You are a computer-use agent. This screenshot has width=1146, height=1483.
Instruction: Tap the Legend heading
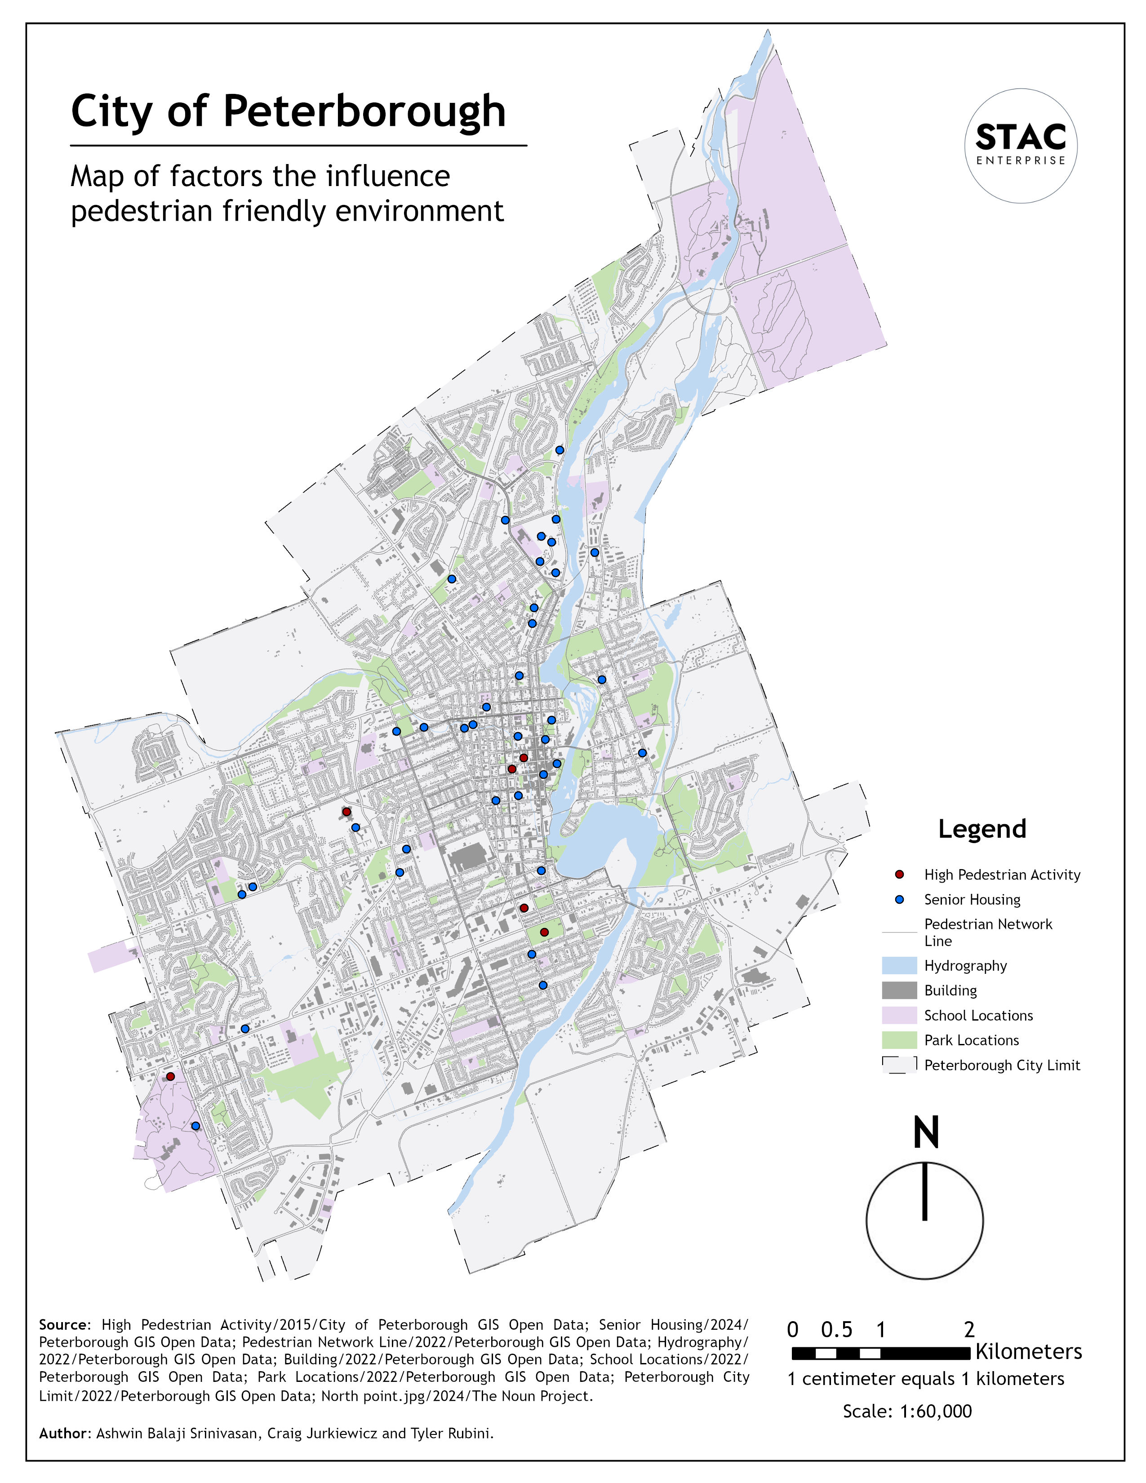click(982, 829)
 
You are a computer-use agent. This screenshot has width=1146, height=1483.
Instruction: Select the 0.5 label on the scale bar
click(836, 1330)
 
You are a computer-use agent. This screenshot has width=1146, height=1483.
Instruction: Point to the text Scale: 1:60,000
click(907, 1411)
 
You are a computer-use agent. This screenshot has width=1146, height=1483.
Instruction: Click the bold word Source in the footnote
click(63, 1325)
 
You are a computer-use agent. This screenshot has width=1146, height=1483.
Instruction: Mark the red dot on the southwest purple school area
click(170, 1076)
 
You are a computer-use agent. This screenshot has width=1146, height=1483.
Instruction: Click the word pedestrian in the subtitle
click(142, 211)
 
